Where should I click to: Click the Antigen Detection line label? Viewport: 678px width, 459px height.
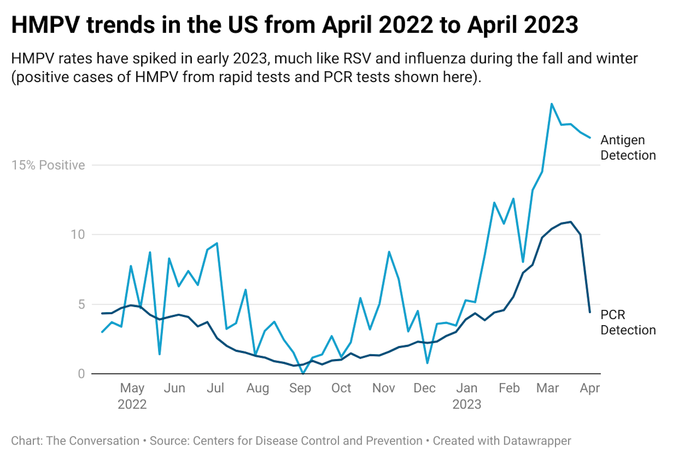coord(628,147)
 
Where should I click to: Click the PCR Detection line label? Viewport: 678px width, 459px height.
coord(628,322)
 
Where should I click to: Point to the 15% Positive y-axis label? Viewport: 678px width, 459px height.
coord(48,165)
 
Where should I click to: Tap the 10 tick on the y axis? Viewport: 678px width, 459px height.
coord(78,235)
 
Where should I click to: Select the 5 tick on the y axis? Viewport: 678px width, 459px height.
coord(82,304)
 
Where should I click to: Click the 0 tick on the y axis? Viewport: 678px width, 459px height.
coord(81,374)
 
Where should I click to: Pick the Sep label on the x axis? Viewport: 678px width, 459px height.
coord(300,388)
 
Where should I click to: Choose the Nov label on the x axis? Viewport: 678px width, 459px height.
coord(383,388)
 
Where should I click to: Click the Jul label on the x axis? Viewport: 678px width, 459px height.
coord(215,388)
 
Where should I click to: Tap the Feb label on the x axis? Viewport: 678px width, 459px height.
coord(509,388)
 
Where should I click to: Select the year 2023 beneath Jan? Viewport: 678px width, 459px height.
coord(466,404)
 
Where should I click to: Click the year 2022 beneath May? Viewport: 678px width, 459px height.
coord(132,404)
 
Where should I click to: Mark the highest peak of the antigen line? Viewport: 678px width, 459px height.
coord(552,104)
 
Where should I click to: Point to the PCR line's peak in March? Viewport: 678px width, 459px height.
coord(571,222)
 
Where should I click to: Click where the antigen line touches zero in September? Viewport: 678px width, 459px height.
coord(303,373)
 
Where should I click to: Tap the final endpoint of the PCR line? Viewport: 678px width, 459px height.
coord(590,312)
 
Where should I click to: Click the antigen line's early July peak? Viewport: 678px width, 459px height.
coord(217,243)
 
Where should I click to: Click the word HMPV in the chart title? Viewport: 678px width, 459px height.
coord(46,25)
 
